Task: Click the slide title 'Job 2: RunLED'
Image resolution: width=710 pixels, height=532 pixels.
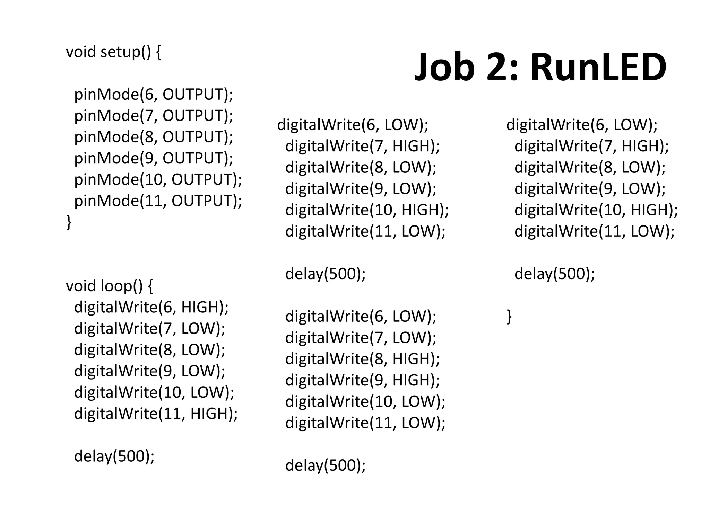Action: coord(540,67)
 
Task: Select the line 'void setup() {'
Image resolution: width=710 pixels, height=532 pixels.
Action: coord(113,52)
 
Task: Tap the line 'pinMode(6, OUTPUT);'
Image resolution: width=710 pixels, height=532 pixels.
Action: coord(154,95)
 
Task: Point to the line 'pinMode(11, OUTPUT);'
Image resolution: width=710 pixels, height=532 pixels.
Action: coord(158,201)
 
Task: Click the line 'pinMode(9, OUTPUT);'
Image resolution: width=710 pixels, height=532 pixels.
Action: coord(154,158)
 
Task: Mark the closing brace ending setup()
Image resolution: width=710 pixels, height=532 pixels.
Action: coord(69,222)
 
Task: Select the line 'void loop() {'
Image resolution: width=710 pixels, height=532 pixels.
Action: coord(109,286)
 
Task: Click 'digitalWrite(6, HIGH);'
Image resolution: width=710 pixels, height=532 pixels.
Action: coord(151,308)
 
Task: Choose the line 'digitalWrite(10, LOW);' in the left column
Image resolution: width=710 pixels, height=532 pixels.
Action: coord(154,392)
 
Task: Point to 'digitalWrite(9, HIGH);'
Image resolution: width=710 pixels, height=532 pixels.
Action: coord(362,380)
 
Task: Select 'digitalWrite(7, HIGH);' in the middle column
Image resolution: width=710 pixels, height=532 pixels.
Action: coord(362,146)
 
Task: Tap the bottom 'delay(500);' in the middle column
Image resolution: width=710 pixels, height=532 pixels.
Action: coord(326,465)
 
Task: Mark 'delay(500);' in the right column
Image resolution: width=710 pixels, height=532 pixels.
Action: coord(555,274)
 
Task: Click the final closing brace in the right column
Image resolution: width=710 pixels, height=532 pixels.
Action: coord(509,316)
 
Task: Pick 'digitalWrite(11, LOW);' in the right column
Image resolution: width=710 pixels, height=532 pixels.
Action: coord(595,231)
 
